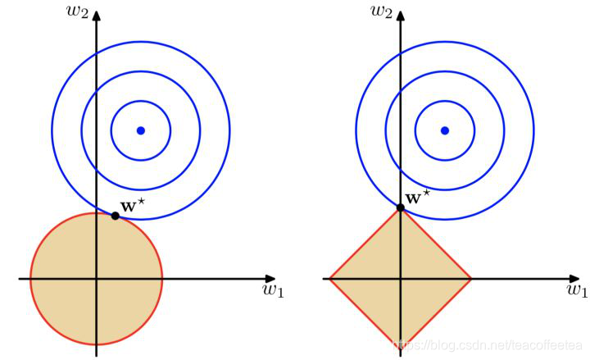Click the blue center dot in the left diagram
coord(141,130)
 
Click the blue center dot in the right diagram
coord(445,130)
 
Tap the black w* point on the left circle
coord(115,216)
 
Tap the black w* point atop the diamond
coord(401,208)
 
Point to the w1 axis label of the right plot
coord(577,289)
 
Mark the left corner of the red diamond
coord(330,279)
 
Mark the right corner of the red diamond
coord(471,279)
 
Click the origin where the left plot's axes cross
coord(97,279)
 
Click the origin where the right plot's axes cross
coord(401,279)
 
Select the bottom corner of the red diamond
coord(401,349)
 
